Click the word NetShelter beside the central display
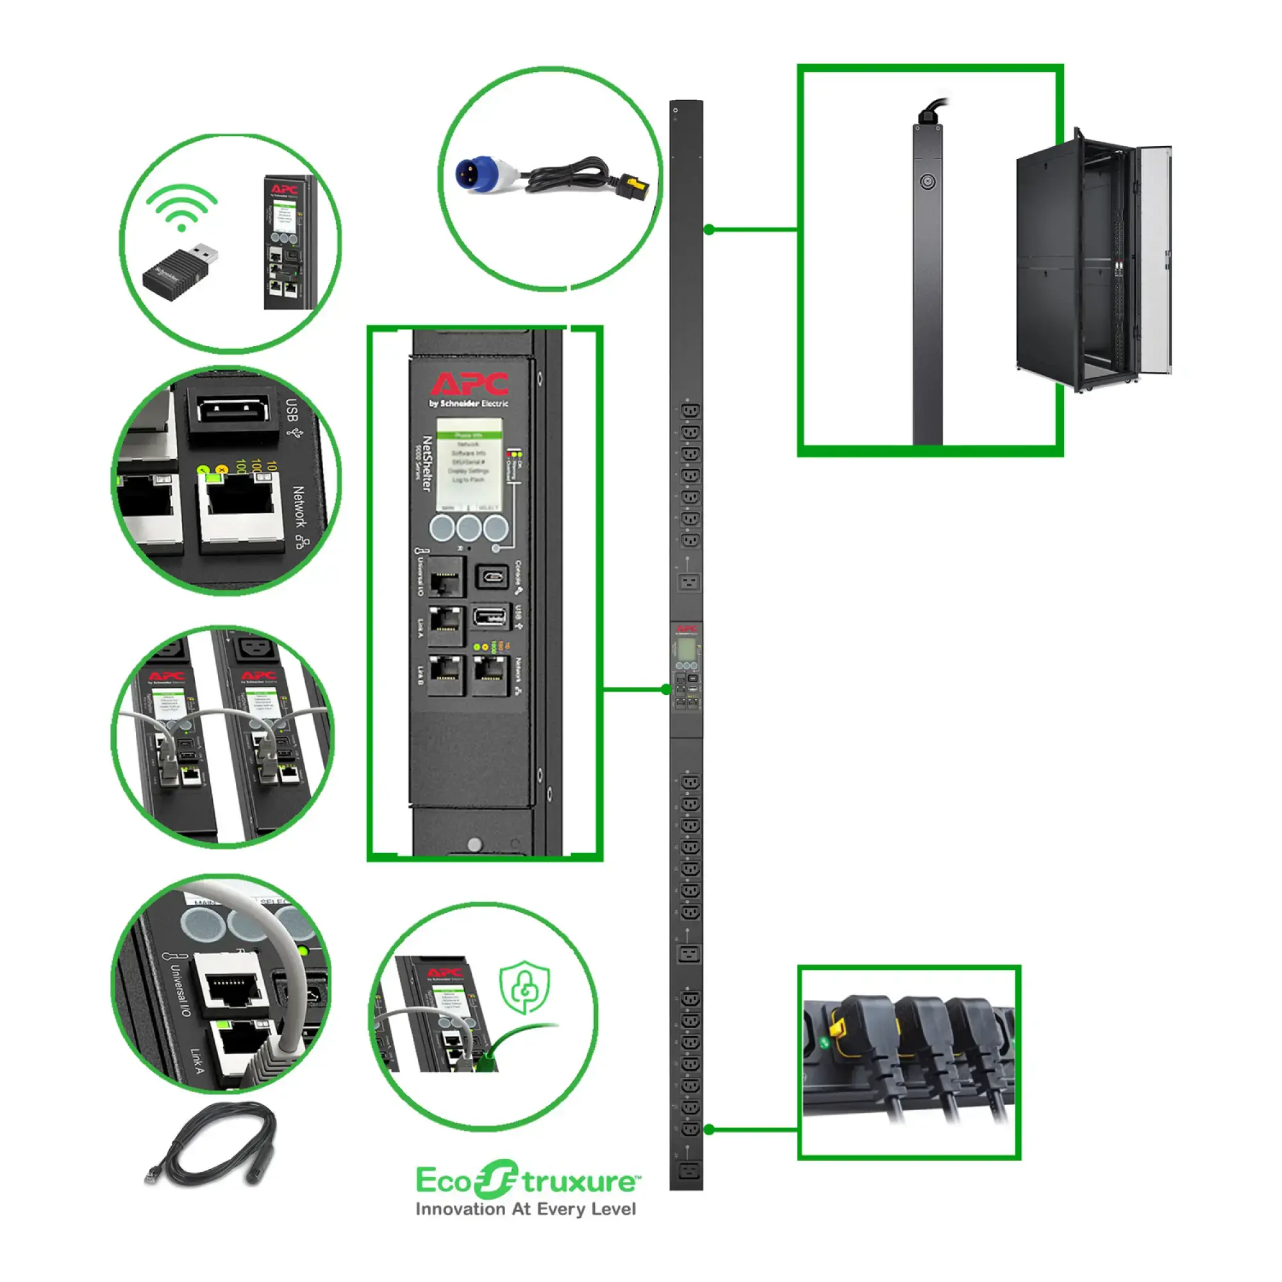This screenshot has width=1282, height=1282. coord(428,464)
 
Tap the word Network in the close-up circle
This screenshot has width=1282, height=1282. coord(299,507)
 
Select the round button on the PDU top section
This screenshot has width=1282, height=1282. coord(927,181)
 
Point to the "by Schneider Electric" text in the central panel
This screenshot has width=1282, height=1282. coord(469,403)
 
